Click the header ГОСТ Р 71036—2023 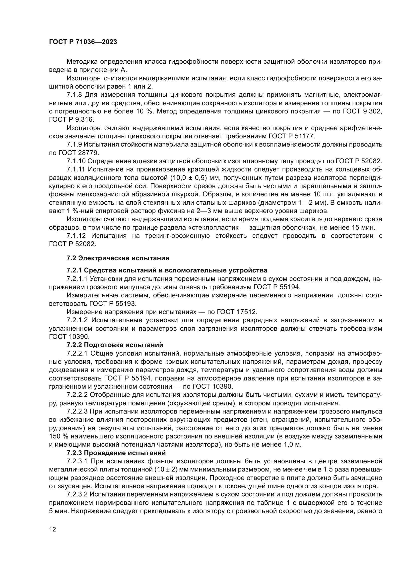point(83,42)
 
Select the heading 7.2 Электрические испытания point(118,258)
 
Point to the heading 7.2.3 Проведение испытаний point(116,452)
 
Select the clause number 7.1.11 point(76,169)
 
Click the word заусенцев point(69,486)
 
